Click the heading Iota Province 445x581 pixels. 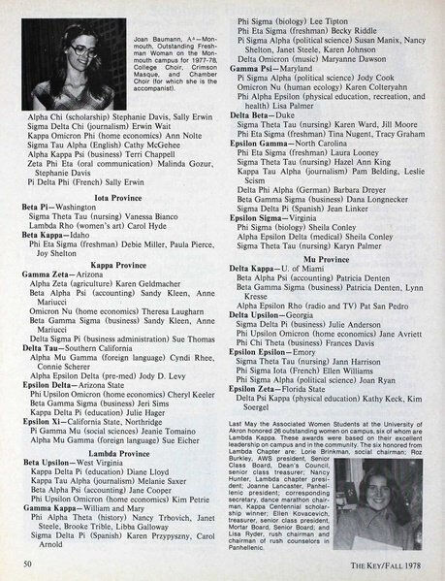point(120,195)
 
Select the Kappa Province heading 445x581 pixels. point(120,265)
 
